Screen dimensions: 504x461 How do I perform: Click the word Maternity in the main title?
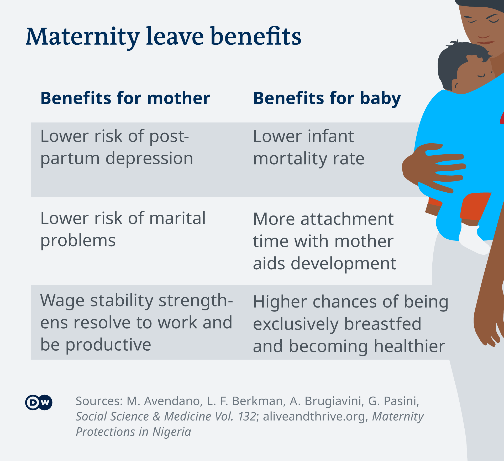pyautogui.click(x=83, y=37)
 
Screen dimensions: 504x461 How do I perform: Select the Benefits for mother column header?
pyautogui.click(x=125, y=98)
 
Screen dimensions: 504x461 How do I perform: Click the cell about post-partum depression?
pyautogui.click(x=117, y=148)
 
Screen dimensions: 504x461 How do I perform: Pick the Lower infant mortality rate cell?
pyautogui.click(x=309, y=148)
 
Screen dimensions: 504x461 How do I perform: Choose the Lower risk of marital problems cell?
pyautogui.click(x=123, y=229)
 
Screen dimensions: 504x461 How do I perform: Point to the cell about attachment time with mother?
pyautogui.click(x=324, y=241)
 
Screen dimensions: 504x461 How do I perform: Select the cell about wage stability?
pyautogui.click(x=136, y=322)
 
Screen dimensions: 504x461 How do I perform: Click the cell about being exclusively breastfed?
pyautogui.click(x=350, y=324)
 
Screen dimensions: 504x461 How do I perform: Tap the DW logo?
pyautogui.click(x=39, y=402)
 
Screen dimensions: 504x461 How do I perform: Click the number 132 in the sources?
pyautogui.click(x=247, y=416)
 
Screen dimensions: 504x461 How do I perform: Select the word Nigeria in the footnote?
pyautogui.click(x=172, y=432)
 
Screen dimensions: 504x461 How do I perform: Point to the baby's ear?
pyautogui.click(x=456, y=86)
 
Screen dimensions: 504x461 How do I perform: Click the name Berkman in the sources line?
pyautogui.click(x=258, y=401)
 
